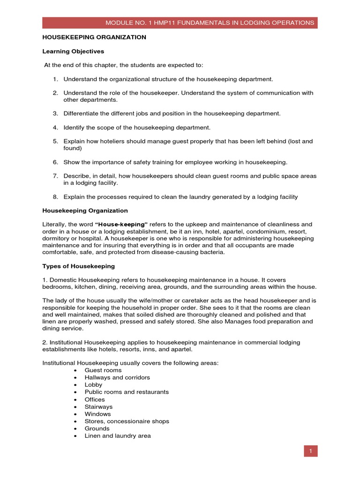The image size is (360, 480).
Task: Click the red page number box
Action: pyautogui.click(x=310, y=451)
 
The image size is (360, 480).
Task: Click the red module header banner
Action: pyautogui.click(x=180, y=22)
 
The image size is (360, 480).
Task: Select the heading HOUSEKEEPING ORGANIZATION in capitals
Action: pyautogui.click(x=94, y=37)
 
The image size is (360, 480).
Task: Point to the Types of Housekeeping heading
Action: pyautogui.click(x=78, y=266)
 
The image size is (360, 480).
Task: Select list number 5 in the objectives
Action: pyautogui.click(x=55, y=141)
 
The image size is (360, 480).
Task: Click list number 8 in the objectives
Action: pyautogui.click(x=55, y=197)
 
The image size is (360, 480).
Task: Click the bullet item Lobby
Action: pyautogui.click(x=93, y=385)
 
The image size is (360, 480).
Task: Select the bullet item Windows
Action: pyautogui.click(x=97, y=414)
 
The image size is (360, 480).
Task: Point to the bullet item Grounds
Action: pyautogui.click(x=97, y=428)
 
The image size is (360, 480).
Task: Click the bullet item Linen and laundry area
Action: pyautogui.click(x=118, y=436)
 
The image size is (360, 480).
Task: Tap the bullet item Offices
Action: pyautogui.click(x=95, y=399)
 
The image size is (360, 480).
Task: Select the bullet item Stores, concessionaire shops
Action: pyautogui.click(x=127, y=421)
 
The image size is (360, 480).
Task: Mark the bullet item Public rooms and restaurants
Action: pyautogui.click(x=127, y=392)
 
